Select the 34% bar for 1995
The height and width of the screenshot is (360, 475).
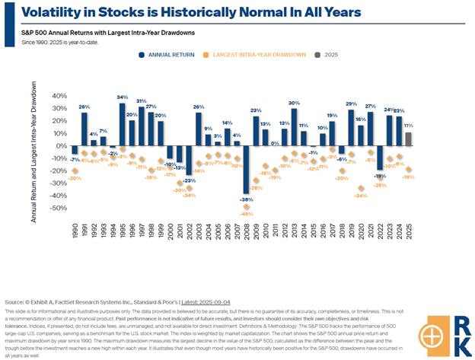[x=122, y=123]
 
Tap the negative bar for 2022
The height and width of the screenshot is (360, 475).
[x=379, y=158]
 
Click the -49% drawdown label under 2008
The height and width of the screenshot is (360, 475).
[x=247, y=215]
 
